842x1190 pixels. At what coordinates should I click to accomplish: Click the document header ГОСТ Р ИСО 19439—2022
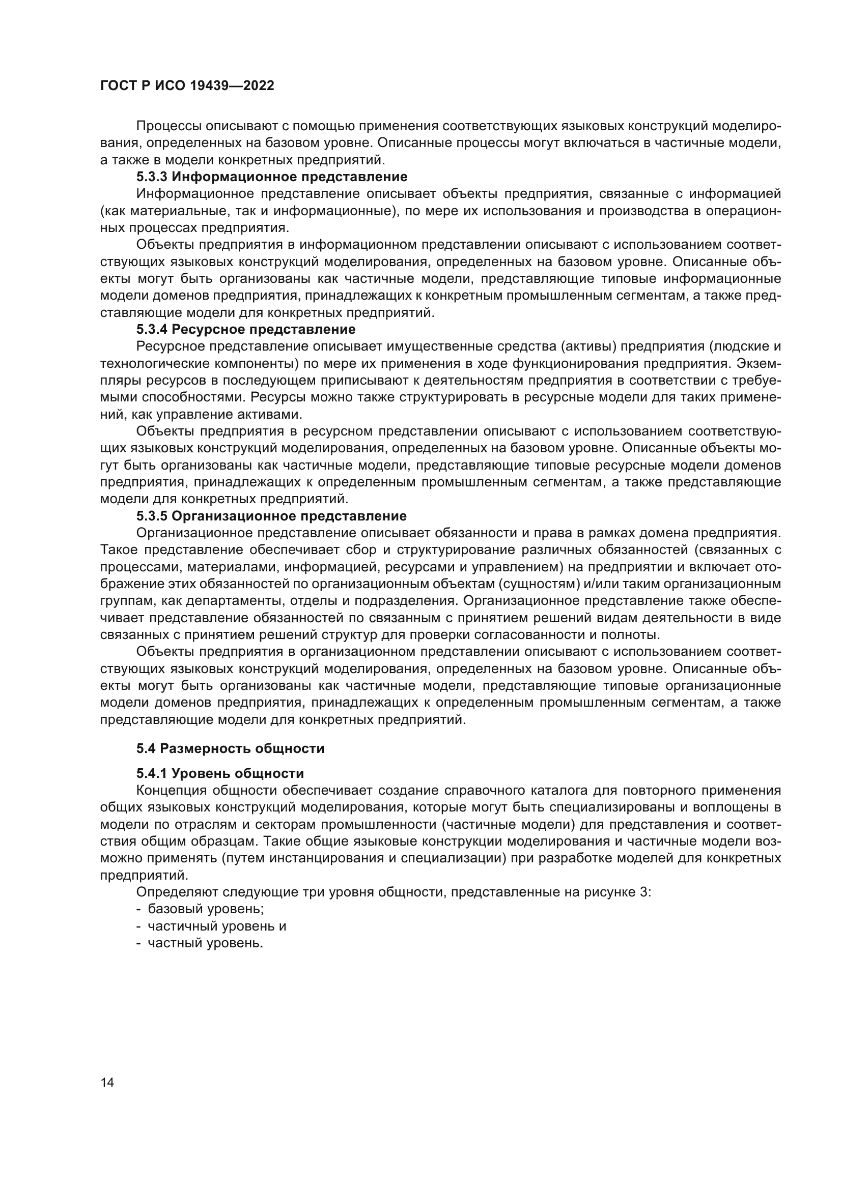pos(187,86)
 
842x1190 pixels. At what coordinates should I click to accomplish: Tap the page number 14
pos(107,1082)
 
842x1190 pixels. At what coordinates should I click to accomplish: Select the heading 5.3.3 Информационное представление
pos(272,177)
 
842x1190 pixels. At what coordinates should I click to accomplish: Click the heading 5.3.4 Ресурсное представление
pos(246,329)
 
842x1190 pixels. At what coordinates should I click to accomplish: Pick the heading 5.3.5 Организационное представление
pos(271,516)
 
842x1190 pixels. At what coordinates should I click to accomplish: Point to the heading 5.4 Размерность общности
pos(230,748)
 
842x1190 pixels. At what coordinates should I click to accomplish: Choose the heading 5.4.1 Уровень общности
pos(220,773)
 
